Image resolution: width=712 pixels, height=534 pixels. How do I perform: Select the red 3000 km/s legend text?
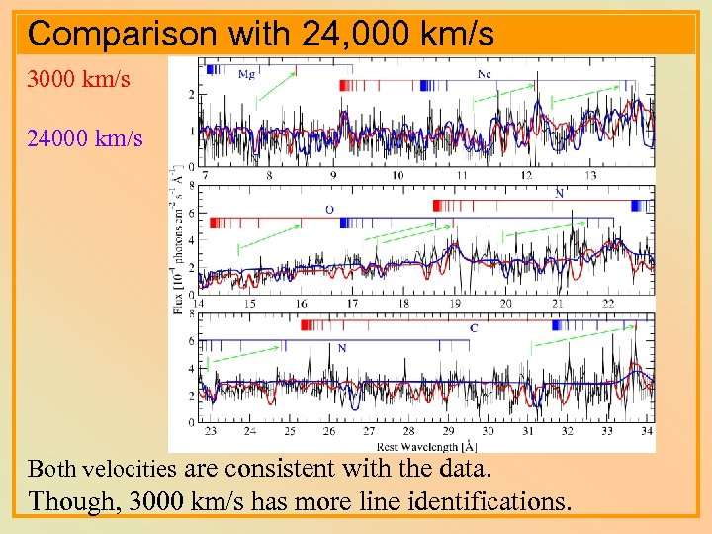pyautogui.click(x=78, y=79)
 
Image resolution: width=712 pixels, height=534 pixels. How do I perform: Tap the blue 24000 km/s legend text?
pyautogui.click(x=84, y=137)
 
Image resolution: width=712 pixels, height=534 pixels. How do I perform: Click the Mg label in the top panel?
pyautogui.click(x=248, y=74)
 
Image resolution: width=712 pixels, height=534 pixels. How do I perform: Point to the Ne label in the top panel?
pyautogui.click(x=485, y=74)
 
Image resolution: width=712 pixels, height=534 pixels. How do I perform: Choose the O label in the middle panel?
pyautogui.click(x=329, y=209)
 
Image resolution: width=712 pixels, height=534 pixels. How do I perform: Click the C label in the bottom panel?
pyautogui.click(x=474, y=327)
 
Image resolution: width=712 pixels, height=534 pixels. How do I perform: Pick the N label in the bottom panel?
pyautogui.click(x=341, y=347)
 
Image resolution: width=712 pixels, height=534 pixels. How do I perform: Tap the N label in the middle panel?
pyautogui.click(x=560, y=194)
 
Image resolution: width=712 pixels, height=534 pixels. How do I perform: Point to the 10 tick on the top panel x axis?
pyautogui.click(x=397, y=175)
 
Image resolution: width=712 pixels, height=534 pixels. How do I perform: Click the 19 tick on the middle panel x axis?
pyautogui.click(x=455, y=304)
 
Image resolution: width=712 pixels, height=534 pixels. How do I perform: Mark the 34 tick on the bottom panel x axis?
pyautogui.click(x=647, y=431)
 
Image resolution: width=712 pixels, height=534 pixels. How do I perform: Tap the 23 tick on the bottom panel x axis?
pyautogui.click(x=210, y=431)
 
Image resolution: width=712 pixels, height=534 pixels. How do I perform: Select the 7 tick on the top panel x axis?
pyautogui.click(x=205, y=175)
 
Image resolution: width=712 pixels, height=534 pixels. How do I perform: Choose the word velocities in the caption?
pyautogui.click(x=131, y=468)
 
